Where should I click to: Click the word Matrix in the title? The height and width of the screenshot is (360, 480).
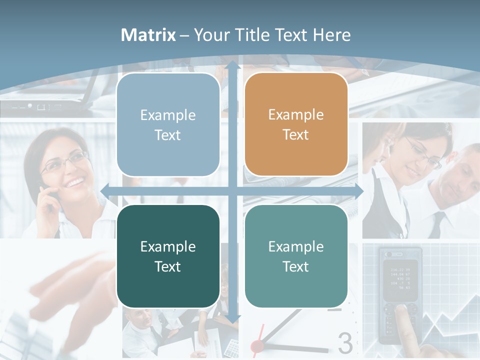click(x=148, y=35)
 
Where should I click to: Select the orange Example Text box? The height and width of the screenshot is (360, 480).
click(x=296, y=124)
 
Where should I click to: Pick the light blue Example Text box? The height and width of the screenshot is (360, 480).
click(x=168, y=124)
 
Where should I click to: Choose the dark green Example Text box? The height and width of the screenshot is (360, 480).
click(x=168, y=256)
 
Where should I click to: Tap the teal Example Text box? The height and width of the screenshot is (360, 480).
click(x=296, y=256)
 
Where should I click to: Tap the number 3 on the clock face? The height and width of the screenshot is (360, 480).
click(x=345, y=343)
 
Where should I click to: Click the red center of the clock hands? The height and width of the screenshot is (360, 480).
click(x=257, y=345)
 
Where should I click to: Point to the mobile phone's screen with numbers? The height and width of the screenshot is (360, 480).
click(x=400, y=278)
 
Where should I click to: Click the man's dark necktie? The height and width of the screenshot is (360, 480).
click(x=437, y=225)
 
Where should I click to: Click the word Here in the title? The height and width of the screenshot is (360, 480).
click(x=331, y=35)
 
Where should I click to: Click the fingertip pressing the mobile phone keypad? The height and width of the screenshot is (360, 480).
click(x=400, y=310)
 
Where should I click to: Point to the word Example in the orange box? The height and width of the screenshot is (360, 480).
click(x=296, y=114)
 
